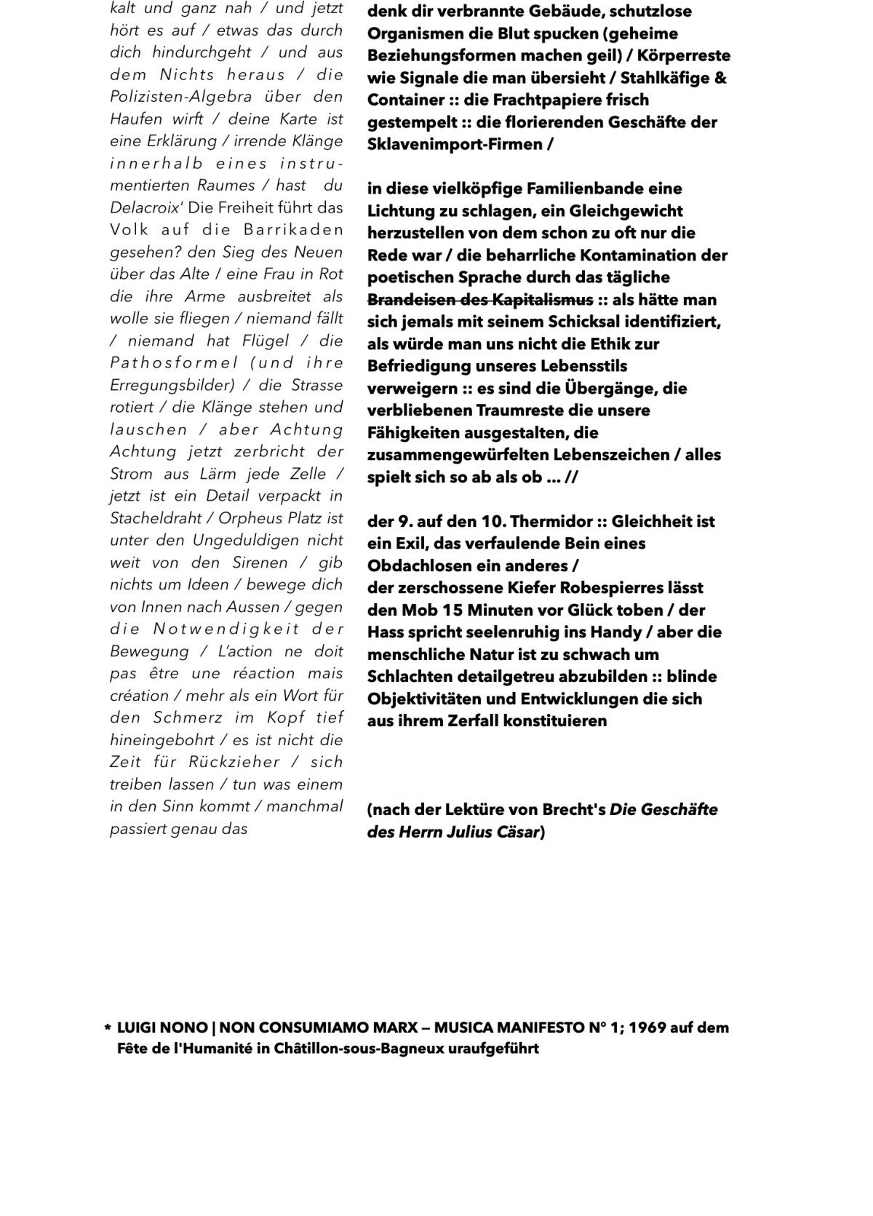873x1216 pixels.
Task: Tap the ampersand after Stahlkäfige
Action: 720,78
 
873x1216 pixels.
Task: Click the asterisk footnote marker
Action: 108,1029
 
